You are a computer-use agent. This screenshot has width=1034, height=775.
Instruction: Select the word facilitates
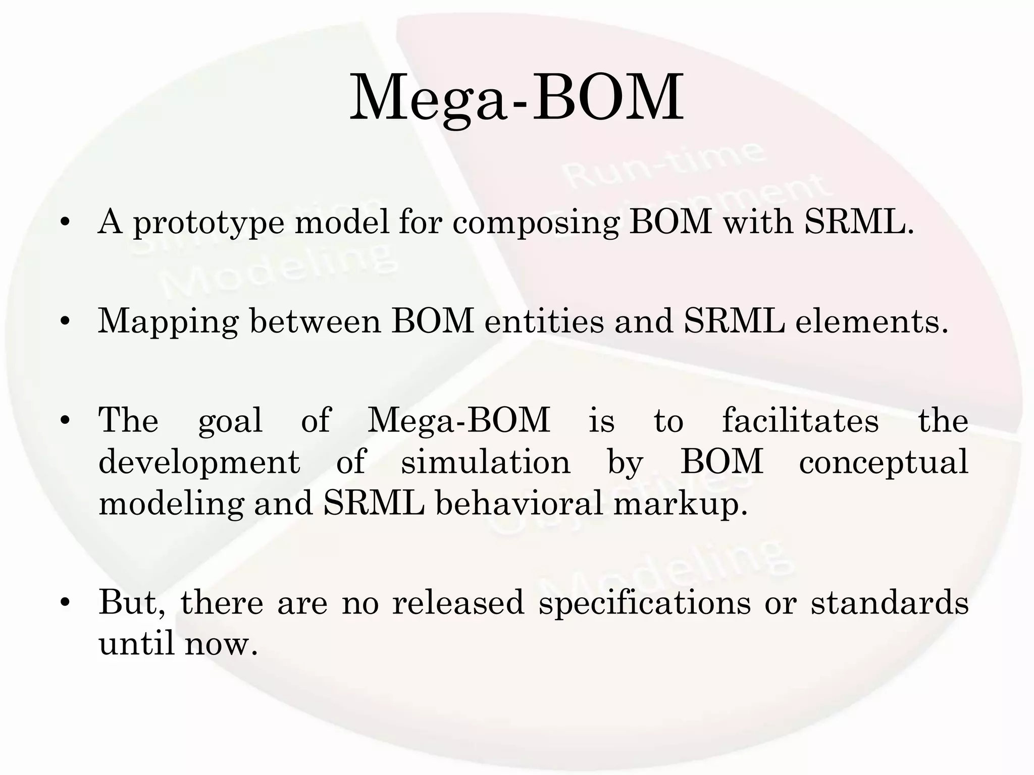pos(800,420)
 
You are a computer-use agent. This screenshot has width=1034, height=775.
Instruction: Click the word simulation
pos(485,462)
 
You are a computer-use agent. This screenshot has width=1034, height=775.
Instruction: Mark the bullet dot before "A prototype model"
pos(64,224)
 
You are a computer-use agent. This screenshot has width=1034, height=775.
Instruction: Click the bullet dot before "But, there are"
pos(64,603)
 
